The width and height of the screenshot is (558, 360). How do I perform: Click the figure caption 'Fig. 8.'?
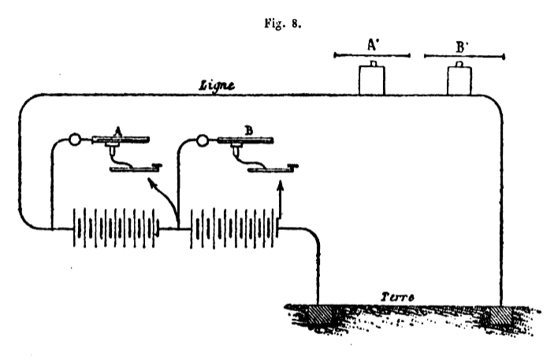(283, 24)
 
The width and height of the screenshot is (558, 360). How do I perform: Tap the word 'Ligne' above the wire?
(217, 86)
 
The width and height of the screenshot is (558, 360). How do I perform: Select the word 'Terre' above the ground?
(397, 297)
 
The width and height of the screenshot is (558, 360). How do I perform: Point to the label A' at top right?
(373, 45)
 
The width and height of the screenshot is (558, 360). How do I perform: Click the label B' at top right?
(462, 47)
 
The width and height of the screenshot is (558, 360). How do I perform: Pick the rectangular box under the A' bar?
(372, 80)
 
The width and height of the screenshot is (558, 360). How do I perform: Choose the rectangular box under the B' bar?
(459, 80)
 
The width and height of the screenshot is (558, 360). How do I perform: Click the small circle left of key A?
(74, 139)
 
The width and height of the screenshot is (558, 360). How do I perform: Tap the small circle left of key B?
(202, 140)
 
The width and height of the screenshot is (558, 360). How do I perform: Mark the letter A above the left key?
(118, 132)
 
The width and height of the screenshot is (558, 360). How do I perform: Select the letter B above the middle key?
(249, 131)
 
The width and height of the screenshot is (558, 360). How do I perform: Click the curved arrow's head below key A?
(152, 184)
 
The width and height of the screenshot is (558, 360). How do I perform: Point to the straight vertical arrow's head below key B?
(281, 185)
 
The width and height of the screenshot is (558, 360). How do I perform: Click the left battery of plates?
(116, 228)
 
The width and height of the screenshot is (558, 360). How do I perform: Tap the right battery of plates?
(234, 228)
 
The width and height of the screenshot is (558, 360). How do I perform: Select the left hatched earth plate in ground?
(320, 315)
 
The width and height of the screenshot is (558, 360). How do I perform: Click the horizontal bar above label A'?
(372, 55)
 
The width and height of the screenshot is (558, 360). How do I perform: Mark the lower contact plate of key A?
(135, 169)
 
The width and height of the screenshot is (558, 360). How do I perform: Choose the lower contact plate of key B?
(273, 169)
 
